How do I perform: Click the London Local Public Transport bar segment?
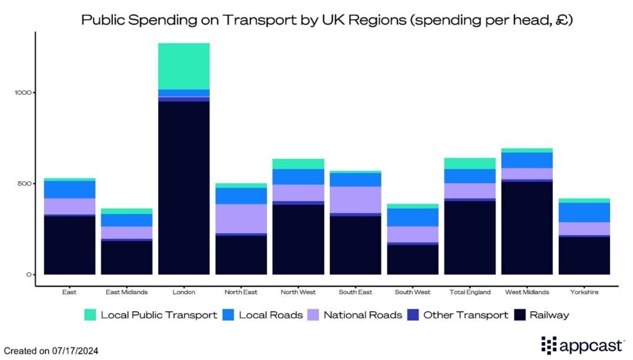(184, 66)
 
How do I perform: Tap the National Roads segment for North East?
(241, 218)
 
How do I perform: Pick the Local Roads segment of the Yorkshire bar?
(584, 212)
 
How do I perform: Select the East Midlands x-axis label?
(127, 292)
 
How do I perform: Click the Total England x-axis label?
(470, 292)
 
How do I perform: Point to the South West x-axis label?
(412, 292)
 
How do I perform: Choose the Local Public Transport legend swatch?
(91, 315)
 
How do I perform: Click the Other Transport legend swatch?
(413, 315)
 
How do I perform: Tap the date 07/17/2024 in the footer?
(75, 350)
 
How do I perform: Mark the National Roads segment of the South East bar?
(355, 199)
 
